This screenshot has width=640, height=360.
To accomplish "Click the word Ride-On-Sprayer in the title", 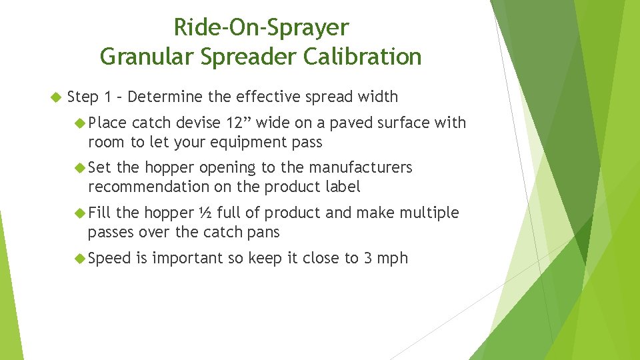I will point(261,28).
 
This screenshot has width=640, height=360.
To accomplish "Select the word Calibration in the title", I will point(362,57).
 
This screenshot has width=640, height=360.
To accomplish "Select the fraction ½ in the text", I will point(205,213).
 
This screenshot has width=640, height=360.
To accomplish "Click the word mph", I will point(393,259).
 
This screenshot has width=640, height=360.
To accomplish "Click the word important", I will point(187,259).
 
